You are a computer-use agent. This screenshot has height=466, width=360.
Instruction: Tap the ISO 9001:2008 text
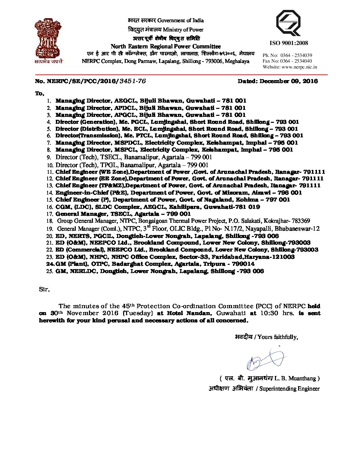pyautogui.click(x=289, y=43)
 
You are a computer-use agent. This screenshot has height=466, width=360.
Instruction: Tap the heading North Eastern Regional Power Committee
pyautogui.click(x=165, y=46)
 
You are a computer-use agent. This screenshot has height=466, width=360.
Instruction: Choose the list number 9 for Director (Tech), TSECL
pyautogui.click(x=48, y=158)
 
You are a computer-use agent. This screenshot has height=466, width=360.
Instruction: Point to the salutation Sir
pyautogui.click(x=44, y=290)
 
